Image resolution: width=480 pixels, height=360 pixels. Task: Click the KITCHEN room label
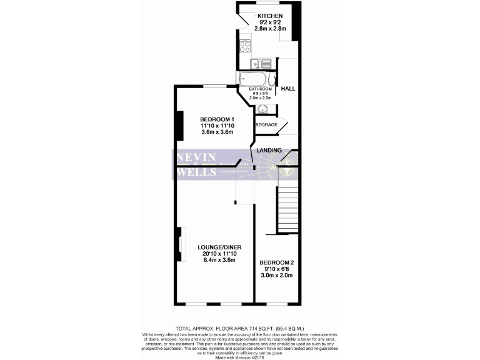tap(272, 16)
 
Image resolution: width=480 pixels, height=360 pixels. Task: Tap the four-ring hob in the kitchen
tap(245, 46)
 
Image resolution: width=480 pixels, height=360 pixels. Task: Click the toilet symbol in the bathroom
tap(271, 80)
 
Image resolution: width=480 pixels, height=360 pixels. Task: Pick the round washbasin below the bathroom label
tap(262, 109)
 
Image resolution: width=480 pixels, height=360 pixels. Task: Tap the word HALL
tap(287, 89)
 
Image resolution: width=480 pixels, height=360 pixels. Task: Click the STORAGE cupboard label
tap(266, 125)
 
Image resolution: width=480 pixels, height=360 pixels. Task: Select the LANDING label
tap(269, 150)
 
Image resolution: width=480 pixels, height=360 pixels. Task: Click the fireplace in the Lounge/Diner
tap(180, 244)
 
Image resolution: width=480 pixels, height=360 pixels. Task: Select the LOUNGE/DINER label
tap(214, 247)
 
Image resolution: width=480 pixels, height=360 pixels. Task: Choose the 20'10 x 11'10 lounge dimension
tap(214, 254)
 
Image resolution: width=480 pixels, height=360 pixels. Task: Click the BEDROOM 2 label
tap(276, 262)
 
